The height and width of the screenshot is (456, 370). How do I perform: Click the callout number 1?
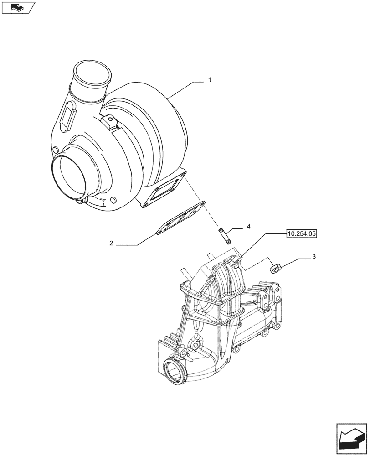(209, 80)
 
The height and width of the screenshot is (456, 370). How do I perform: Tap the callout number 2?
(111, 244)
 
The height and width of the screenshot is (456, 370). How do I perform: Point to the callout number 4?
(248, 227)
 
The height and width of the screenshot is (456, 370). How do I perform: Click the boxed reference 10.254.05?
(301, 234)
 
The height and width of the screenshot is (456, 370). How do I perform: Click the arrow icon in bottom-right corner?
(351, 438)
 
